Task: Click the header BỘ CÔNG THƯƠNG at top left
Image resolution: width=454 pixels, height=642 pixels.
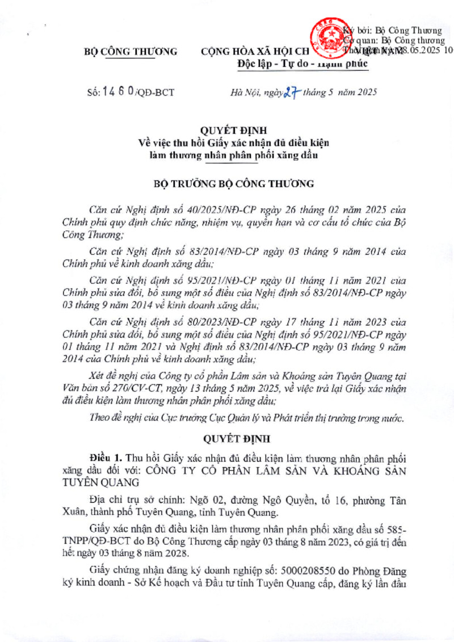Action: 130,52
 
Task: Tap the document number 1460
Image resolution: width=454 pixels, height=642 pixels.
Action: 119,91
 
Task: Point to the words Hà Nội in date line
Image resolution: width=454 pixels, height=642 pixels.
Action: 246,92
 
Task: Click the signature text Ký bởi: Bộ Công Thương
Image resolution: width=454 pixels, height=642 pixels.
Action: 392,31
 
